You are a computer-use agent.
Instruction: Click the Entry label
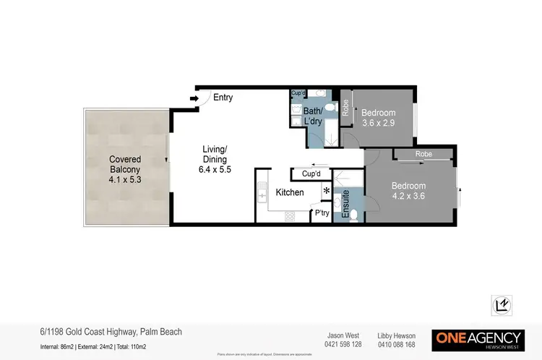223,98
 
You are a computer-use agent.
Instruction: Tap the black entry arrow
194,98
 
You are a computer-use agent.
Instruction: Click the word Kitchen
290,193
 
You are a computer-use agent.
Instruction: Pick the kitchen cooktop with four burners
291,215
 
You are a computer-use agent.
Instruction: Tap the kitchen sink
261,193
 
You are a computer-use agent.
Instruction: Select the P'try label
321,213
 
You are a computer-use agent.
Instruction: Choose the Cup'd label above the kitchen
311,174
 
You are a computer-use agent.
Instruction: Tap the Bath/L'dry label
313,116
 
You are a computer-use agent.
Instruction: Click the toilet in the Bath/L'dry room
330,108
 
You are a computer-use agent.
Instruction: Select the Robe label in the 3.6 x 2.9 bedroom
345,107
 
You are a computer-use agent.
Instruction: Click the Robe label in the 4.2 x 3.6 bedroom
424,154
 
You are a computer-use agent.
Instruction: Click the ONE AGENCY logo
478,339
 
